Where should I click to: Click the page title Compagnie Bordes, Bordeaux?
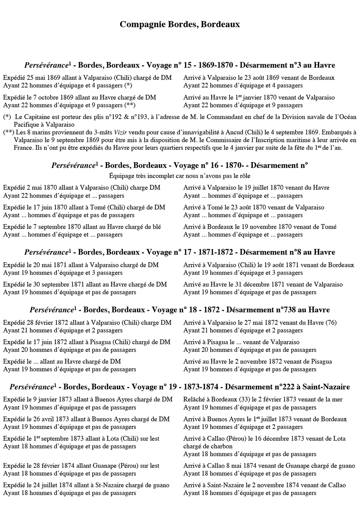click(180, 24)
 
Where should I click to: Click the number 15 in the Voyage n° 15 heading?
click(188, 65)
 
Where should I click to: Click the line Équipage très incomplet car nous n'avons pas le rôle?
click(180, 176)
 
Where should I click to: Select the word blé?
click(156, 227)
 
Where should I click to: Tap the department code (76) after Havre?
click(331, 323)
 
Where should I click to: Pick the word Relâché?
click(195, 399)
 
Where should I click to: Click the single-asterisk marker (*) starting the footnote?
click(7, 117)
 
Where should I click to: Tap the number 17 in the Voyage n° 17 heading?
click(188, 252)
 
